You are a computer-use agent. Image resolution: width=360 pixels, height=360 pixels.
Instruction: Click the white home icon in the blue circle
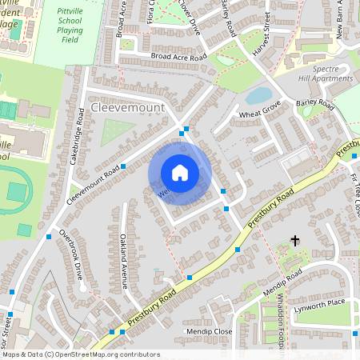[x=180, y=173]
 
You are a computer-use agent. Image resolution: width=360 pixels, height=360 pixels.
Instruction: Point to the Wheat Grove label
[x=259, y=115]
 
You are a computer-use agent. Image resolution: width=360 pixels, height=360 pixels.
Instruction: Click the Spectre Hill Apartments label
[x=325, y=73]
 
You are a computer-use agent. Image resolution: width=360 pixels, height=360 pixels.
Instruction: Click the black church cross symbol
[x=294, y=239]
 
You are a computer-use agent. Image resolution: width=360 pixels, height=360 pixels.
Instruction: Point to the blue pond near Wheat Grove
[x=258, y=96]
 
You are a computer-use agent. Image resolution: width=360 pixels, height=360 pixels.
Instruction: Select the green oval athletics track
[x=16, y=191]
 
